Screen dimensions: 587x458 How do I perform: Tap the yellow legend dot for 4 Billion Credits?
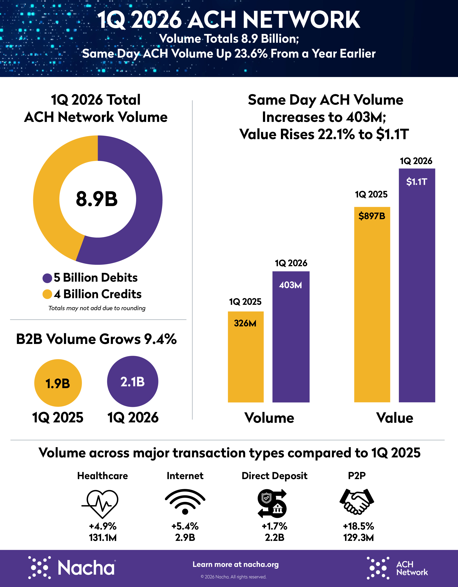[47, 294]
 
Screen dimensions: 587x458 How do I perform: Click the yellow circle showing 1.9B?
[58, 383]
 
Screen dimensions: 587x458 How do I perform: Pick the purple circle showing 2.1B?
[133, 381]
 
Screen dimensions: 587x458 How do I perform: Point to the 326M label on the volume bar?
[245, 323]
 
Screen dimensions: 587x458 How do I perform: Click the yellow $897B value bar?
[372, 309]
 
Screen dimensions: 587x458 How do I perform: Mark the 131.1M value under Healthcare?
[103, 538]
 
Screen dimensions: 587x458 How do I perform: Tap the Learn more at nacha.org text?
[236, 564]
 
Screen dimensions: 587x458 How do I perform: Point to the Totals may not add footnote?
[97, 308]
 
